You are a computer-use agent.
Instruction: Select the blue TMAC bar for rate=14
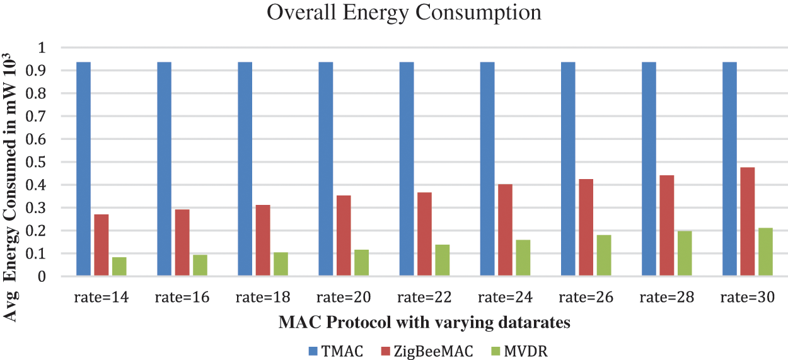tap(83, 169)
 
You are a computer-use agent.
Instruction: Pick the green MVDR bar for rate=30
tap(765, 252)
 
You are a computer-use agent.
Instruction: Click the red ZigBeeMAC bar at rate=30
tap(747, 221)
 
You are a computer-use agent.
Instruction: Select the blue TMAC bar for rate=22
tap(407, 169)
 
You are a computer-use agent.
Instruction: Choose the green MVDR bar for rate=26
tap(604, 255)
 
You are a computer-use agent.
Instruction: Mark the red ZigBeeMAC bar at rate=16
tap(182, 243)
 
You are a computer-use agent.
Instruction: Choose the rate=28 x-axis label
tap(666, 297)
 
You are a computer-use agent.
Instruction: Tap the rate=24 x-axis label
tap(505, 297)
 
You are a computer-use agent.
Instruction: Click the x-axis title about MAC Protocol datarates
tap(424, 323)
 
